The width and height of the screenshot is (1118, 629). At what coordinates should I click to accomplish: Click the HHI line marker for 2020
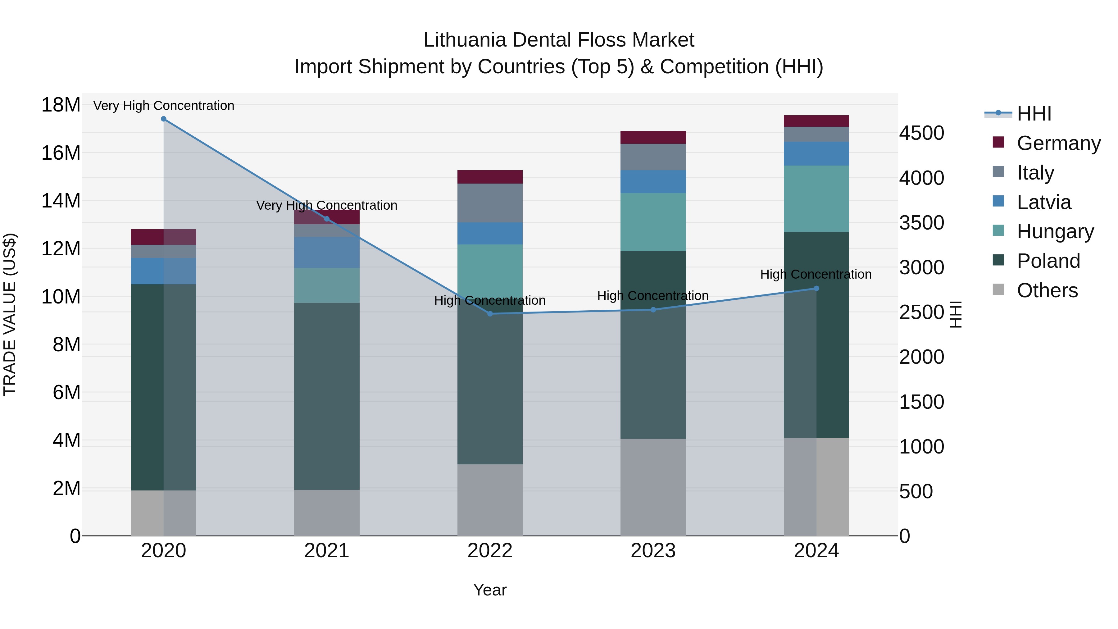click(164, 119)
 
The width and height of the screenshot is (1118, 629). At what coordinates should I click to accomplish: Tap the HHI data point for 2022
click(490, 314)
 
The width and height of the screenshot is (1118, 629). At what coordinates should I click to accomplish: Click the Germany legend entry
click(1058, 143)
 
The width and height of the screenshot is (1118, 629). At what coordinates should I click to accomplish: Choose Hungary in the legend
click(1055, 231)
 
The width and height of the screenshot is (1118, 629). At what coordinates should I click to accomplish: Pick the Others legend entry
click(1047, 290)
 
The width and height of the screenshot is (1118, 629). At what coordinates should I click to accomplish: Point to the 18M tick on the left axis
click(61, 105)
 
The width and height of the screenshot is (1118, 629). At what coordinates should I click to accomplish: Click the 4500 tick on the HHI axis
click(921, 133)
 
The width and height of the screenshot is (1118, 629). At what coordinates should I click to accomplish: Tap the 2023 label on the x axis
click(653, 551)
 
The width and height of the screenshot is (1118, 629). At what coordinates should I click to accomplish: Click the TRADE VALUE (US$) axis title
click(10, 314)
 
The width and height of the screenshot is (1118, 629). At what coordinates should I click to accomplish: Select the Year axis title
click(490, 590)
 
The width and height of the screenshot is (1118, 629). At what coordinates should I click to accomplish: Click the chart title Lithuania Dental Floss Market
click(559, 40)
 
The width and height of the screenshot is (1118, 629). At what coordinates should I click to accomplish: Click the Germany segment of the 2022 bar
click(490, 177)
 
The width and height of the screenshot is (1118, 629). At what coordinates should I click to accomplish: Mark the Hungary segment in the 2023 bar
click(653, 222)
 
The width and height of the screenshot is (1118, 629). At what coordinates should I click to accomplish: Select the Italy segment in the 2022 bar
click(490, 203)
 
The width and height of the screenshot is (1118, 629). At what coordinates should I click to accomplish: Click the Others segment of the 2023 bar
click(653, 487)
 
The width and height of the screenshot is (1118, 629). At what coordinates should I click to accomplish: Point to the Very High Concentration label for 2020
click(164, 106)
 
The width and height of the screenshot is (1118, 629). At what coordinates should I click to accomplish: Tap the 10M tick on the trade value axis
click(61, 297)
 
